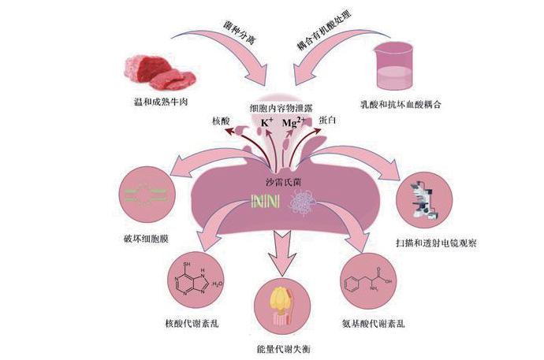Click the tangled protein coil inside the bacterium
(x=300, y=202)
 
